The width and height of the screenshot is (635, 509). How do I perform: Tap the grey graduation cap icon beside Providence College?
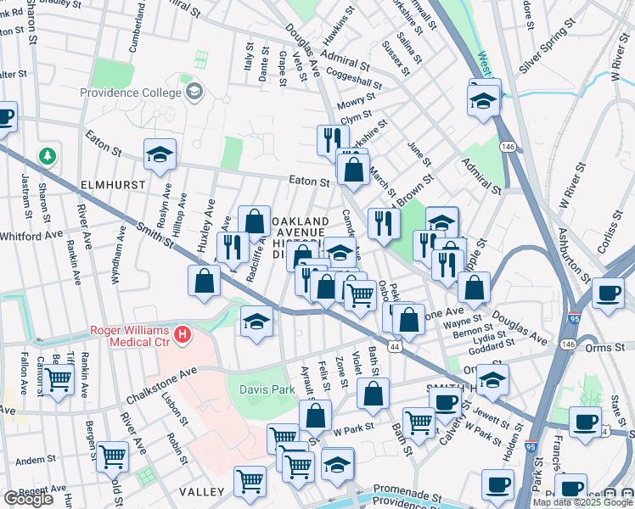[194, 91]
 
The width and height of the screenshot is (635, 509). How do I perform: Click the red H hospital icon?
[181, 337]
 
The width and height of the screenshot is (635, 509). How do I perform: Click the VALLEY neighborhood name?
[201, 492]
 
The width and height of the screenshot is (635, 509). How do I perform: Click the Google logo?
[28, 499]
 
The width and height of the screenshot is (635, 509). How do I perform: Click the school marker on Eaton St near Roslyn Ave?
[159, 154]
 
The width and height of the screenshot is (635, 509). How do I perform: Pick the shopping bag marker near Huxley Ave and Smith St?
[205, 282]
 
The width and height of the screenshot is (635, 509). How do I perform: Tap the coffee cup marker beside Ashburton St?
[607, 293]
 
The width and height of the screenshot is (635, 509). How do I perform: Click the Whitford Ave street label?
[31, 236]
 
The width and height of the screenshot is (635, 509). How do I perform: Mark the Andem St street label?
[36, 461]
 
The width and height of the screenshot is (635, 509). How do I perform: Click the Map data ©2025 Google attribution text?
[582, 502]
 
